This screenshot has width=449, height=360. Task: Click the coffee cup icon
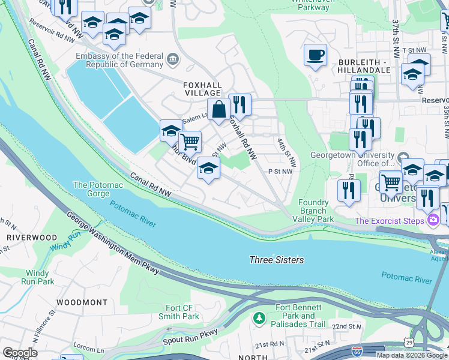point(315,55)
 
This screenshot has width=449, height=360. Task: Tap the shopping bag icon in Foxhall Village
point(219,109)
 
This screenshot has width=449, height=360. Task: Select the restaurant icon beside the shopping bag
point(240,104)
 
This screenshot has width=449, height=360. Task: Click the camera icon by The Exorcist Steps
point(433,221)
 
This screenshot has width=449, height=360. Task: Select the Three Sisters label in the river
point(277,260)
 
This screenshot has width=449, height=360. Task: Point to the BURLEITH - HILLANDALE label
point(364,66)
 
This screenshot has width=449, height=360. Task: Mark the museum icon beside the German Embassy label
point(173,59)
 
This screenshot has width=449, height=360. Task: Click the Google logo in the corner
point(20,352)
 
